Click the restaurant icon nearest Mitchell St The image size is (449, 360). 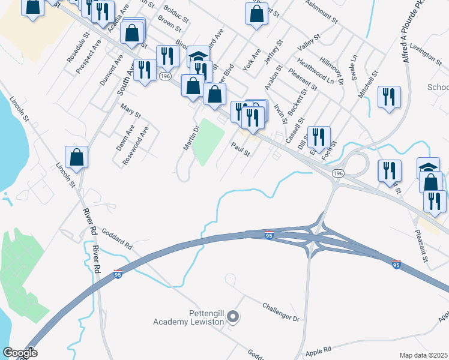(389, 97)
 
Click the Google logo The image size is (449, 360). (20, 353)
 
